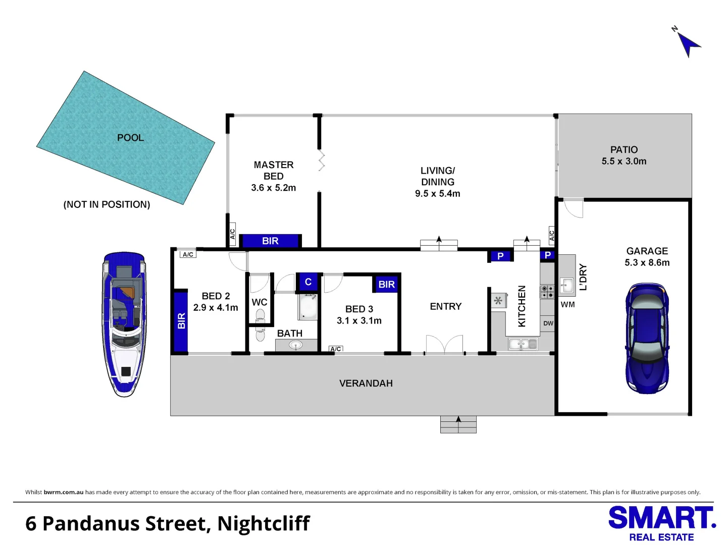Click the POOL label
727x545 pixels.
click(x=130, y=138)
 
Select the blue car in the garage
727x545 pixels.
click(x=647, y=338)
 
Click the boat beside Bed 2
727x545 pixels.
click(x=124, y=324)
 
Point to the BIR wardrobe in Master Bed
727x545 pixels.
click(x=270, y=241)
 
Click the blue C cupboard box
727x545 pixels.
click(x=308, y=282)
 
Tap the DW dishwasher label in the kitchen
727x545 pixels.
click(x=548, y=323)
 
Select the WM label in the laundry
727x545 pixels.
click(x=567, y=304)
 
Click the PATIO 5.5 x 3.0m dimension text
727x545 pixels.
click(x=624, y=161)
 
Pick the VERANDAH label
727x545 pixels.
click(x=366, y=383)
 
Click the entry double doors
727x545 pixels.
click(x=444, y=345)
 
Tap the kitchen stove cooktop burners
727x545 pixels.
click(x=547, y=292)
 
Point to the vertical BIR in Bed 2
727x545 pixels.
click(x=181, y=321)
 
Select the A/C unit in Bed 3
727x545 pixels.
click(x=336, y=349)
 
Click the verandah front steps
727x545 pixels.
click(x=458, y=424)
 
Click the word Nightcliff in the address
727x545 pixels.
click(x=264, y=523)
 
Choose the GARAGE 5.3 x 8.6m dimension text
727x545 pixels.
click(x=647, y=262)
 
